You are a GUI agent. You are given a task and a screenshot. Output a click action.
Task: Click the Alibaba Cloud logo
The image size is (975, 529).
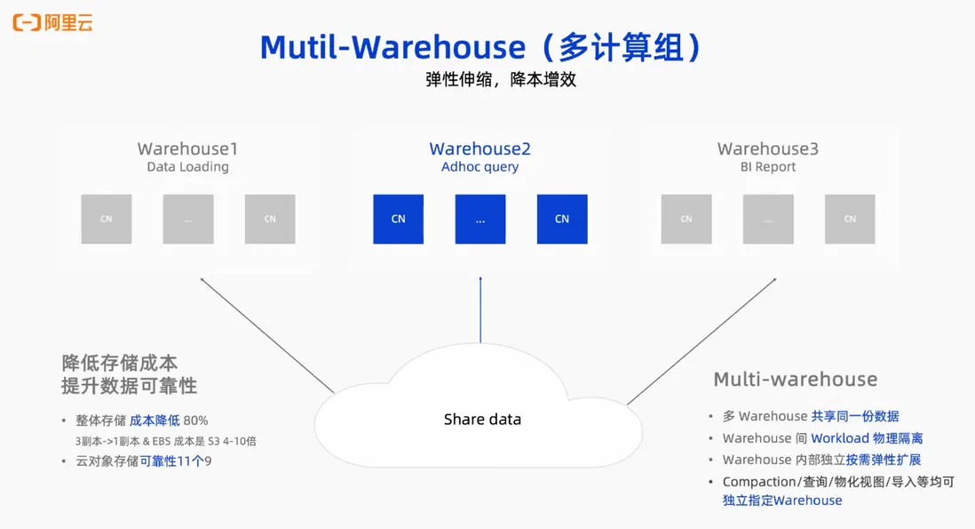pyautogui.click(x=52, y=22)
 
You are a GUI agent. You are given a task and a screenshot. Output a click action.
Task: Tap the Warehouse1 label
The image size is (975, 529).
pyautogui.click(x=187, y=148)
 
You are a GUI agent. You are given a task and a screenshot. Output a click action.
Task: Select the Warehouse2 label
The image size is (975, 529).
pyautogui.click(x=480, y=148)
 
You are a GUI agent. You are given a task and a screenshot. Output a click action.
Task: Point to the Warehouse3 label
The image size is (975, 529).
pyautogui.click(x=768, y=148)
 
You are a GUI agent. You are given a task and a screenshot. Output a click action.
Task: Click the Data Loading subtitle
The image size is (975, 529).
pyautogui.click(x=187, y=166)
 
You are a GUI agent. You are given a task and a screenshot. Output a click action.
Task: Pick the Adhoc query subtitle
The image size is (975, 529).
pyautogui.click(x=480, y=166)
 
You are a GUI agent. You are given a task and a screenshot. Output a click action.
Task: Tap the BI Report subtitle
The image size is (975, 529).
pyautogui.click(x=768, y=166)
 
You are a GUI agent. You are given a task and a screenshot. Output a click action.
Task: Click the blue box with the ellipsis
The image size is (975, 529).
pyautogui.click(x=480, y=219)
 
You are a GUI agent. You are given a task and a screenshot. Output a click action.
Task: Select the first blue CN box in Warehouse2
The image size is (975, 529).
pyautogui.click(x=399, y=219)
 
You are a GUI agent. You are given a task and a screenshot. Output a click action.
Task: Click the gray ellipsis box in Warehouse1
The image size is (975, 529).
pyautogui.click(x=188, y=219)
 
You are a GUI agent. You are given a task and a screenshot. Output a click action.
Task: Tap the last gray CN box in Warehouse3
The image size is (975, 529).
pyautogui.click(x=850, y=219)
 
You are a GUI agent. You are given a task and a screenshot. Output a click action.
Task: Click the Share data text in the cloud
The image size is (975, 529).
pyautogui.click(x=482, y=419)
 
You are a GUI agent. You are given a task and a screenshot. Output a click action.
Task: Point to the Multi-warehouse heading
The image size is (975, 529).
pyautogui.click(x=796, y=380)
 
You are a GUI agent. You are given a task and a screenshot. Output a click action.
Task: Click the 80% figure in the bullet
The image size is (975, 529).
pyautogui.click(x=195, y=421)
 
